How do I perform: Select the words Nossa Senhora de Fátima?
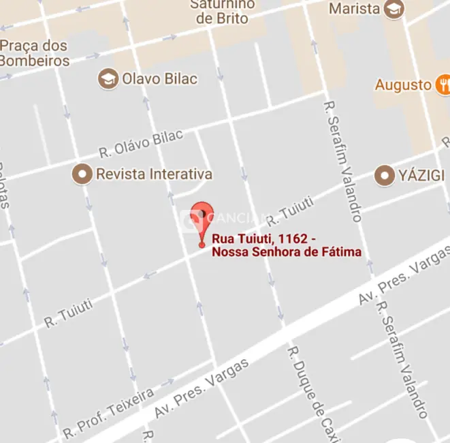click(x=287, y=253)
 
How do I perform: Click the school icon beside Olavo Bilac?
click(x=108, y=78)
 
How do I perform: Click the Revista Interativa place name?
click(x=154, y=174)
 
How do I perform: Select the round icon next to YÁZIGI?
click(x=385, y=175)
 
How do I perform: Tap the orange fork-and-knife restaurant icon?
click(x=444, y=85)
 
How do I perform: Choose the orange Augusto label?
click(x=403, y=85)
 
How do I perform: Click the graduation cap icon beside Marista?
click(x=394, y=9)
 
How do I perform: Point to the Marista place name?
click(x=354, y=9)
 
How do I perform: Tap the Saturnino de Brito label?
click(x=225, y=11)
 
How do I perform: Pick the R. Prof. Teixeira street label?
click(x=108, y=413)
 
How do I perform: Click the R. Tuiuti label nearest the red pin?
click(x=290, y=210)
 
